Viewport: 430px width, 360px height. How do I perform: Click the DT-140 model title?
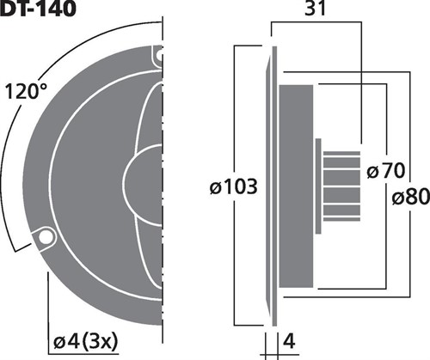point(38,8)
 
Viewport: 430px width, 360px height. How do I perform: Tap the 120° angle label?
point(25,91)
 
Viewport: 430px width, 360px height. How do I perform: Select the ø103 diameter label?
point(234,186)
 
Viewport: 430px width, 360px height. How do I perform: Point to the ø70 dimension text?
point(385,171)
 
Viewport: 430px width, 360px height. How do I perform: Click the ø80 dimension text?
point(410,197)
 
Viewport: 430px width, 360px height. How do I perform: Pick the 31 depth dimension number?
point(315,9)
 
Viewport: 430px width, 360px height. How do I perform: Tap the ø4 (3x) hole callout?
point(86,341)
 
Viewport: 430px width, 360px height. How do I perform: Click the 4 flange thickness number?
point(289,341)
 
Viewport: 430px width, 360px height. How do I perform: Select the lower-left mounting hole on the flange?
point(46,236)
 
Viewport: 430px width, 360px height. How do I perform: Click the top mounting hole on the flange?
point(159,55)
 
